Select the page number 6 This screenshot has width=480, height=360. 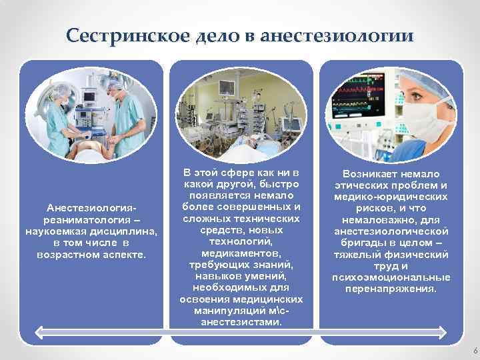coord(474,351)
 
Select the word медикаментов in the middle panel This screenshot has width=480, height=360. coord(241,254)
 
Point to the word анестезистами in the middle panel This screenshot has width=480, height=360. coord(241,322)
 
